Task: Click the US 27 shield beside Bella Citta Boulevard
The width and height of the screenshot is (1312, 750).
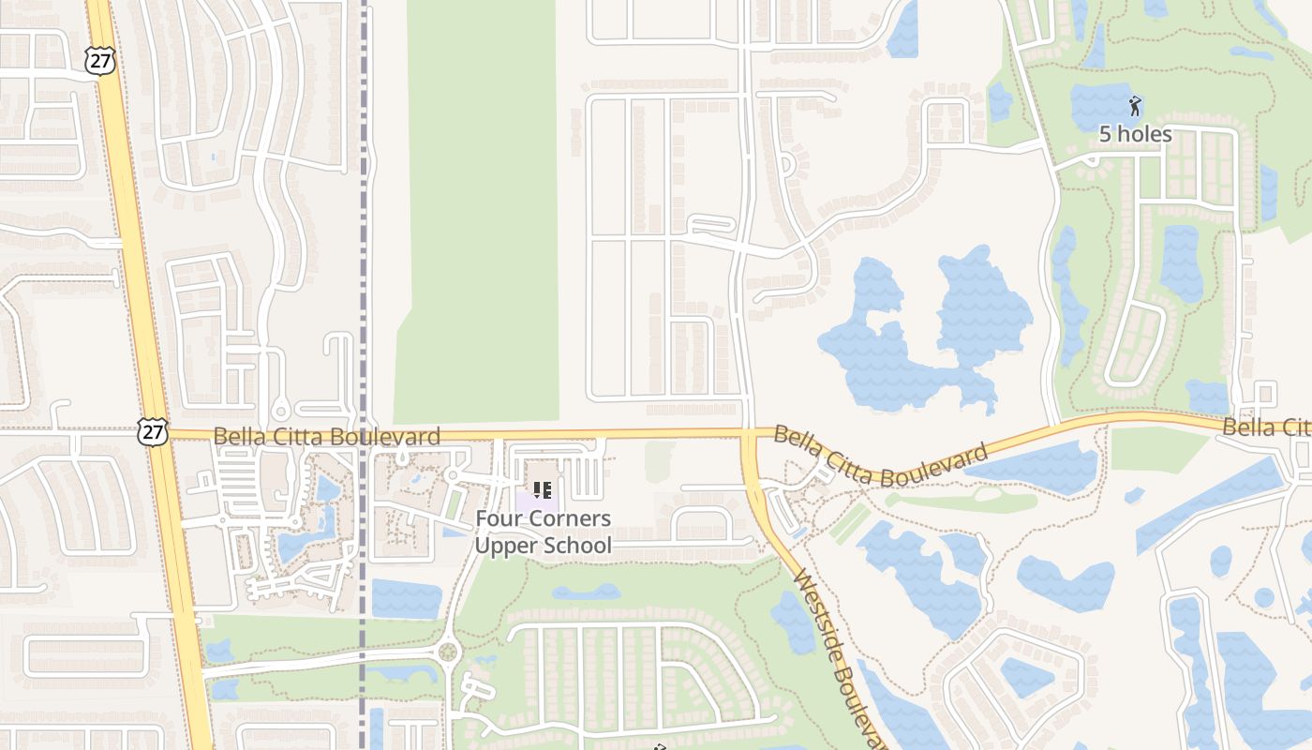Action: [152, 431]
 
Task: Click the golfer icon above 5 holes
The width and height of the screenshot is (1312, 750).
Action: [1136, 105]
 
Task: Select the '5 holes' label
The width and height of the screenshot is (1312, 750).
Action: [1135, 134]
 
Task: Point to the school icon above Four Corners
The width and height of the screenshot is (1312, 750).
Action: [542, 489]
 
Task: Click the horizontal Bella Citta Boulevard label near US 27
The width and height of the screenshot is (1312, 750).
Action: [326, 437]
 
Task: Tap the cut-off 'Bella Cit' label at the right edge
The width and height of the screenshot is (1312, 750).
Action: [1266, 427]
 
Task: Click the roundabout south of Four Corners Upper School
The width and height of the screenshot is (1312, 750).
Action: [448, 651]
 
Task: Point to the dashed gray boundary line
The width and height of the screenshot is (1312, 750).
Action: [363, 234]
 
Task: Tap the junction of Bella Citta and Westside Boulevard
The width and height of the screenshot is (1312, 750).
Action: [750, 435]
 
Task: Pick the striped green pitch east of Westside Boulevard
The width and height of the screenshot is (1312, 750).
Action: [850, 523]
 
